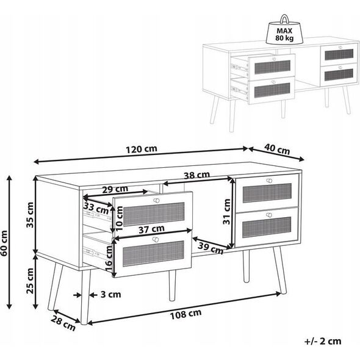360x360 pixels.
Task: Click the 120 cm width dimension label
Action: pos(142,149)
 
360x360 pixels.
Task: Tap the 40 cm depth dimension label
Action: pos(277,149)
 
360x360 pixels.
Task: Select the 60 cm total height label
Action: pos(4,243)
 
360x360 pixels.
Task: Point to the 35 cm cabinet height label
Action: pos(30,215)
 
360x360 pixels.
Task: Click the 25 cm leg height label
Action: pos(30,281)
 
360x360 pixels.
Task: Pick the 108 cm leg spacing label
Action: pos(185,314)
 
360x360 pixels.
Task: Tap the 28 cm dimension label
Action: pos(63,323)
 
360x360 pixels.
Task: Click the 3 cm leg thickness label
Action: pos(110,294)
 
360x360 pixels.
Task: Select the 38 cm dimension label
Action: pos(196,175)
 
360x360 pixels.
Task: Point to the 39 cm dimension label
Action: pos(211,248)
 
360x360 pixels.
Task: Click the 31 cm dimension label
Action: pos(226,212)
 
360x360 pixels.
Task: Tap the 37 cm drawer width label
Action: pos(151,229)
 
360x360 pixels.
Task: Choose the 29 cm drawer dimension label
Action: pos(115,189)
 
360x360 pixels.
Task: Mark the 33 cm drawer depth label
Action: pos(96,209)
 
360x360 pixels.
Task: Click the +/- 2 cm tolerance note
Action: pos(323,341)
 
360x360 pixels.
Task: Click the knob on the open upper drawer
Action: pos(156,200)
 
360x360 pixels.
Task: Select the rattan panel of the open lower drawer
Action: pos(153,253)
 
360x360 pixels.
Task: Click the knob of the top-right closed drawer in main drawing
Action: pos(269,181)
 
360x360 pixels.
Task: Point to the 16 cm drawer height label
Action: pos(109,258)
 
